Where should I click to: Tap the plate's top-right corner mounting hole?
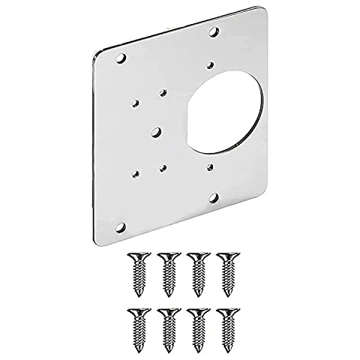(x=214, y=32)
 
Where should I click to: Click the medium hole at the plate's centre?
(x=154, y=130)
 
